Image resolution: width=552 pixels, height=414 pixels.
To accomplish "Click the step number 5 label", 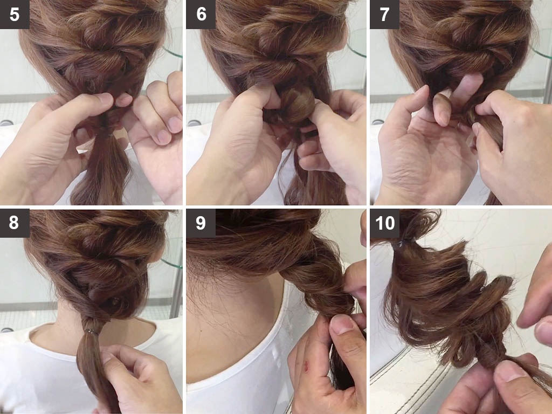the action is [15, 14].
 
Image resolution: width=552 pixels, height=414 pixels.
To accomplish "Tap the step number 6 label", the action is [201, 14].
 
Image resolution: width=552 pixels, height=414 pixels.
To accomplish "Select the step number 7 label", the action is [384, 14].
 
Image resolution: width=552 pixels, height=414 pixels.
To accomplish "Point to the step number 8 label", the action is [15, 223].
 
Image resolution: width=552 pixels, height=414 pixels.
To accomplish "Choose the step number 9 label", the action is [201, 223].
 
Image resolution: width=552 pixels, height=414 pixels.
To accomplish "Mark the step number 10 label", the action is [384, 223].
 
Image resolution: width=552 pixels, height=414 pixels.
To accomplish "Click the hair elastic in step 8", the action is [92, 332].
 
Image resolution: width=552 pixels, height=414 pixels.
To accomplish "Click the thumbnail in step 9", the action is [341, 324].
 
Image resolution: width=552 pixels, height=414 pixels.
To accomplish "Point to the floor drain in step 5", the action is [6, 123].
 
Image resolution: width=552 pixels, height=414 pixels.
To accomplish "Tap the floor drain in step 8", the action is [6, 330].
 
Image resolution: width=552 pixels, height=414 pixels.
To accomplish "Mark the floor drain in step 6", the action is [194, 123].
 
